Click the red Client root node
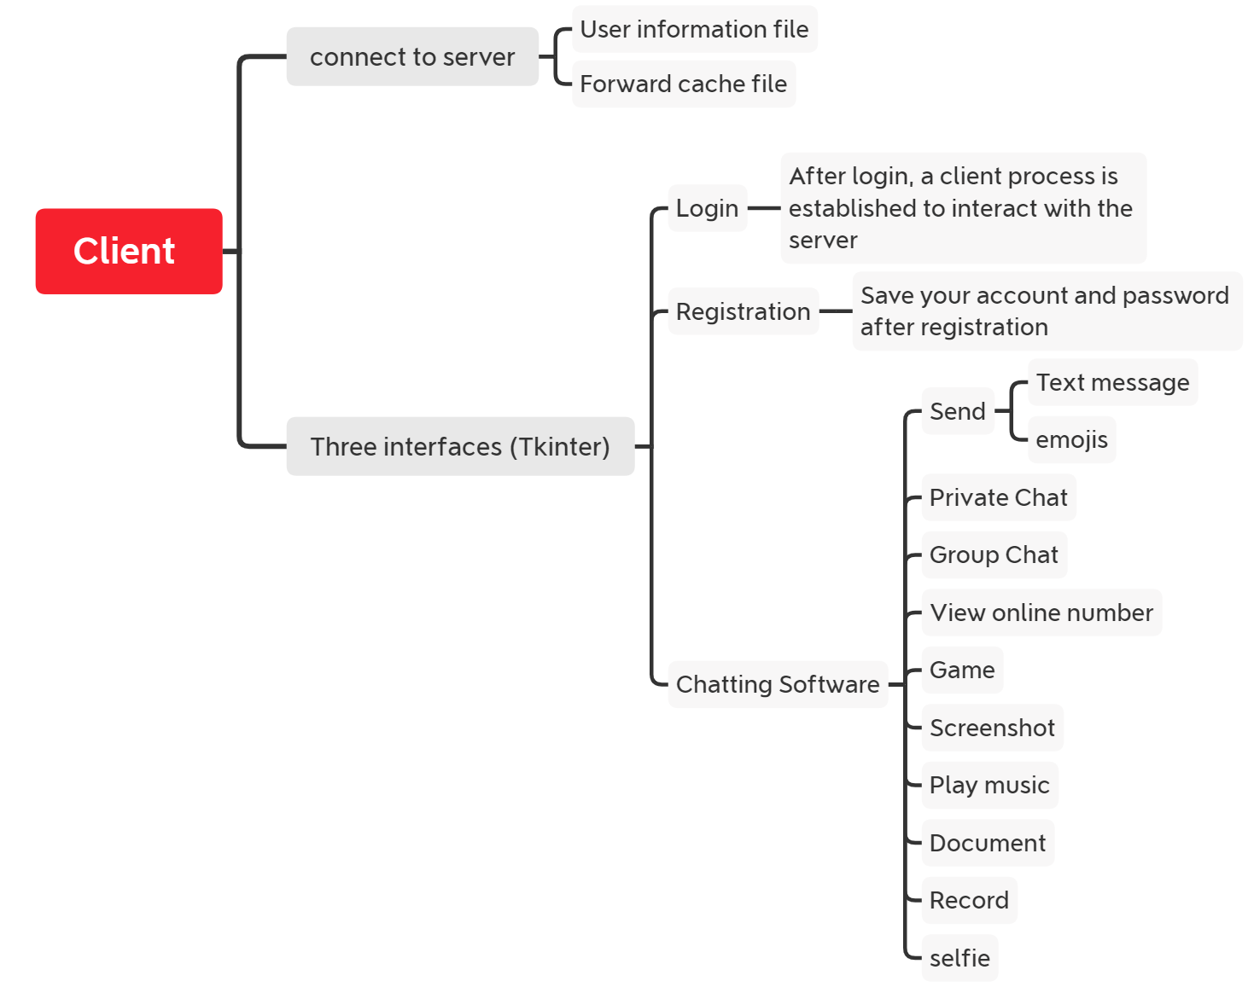point(129,251)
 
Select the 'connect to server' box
point(412,57)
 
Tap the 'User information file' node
point(694,29)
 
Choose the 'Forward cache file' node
point(683,84)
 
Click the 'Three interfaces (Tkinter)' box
point(460,446)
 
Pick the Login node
point(707,208)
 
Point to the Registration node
point(743,311)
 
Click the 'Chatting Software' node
point(778,684)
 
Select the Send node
point(958,411)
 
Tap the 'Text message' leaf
point(1112,382)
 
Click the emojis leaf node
point(1071,439)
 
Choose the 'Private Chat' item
point(998,497)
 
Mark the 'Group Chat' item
point(994,554)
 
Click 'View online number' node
point(1041,613)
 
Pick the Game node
point(962,670)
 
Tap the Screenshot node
point(992,728)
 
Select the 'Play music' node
point(989,785)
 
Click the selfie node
point(959,958)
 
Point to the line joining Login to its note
point(764,208)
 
